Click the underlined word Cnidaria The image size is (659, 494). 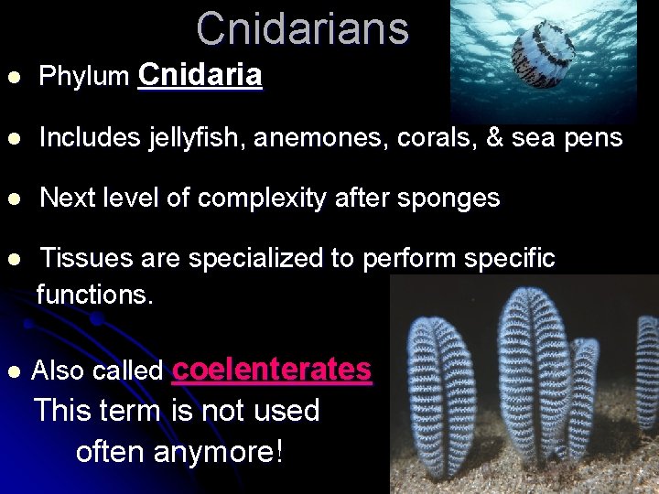200,75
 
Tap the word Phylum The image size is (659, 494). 84,77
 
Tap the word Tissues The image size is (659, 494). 86,259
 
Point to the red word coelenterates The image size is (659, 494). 271,369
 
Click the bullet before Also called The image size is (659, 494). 12,371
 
